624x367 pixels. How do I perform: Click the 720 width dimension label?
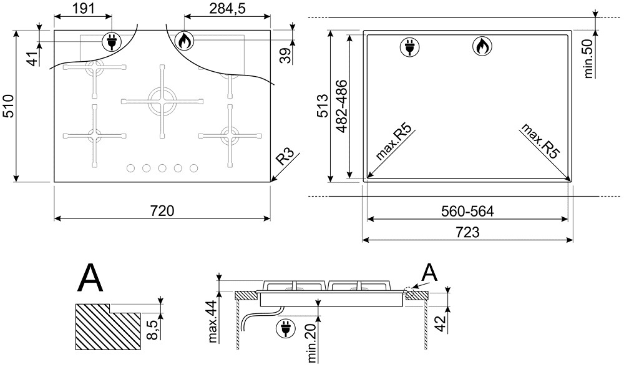(x=162, y=210)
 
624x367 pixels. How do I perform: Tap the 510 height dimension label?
(x=9, y=106)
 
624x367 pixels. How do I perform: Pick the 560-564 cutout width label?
(x=467, y=211)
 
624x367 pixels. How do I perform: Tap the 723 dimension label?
(x=467, y=232)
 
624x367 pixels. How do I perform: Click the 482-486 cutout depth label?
(x=341, y=106)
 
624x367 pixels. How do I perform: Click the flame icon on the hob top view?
(x=183, y=41)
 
